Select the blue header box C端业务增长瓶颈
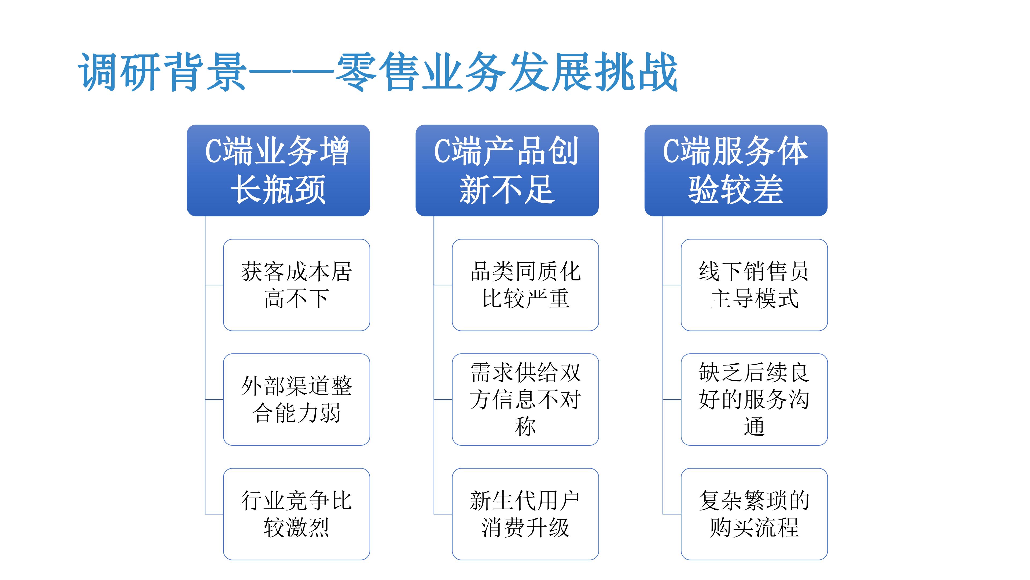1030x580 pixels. (278, 170)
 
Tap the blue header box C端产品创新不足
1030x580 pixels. (507, 170)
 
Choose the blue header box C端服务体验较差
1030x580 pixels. (736, 170)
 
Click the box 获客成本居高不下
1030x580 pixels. (296, 285)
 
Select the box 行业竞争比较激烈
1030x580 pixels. (296, 514)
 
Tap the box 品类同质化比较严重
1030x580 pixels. (525, 285)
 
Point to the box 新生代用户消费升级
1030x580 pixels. (525, 514)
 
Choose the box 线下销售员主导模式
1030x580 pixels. (754, 285)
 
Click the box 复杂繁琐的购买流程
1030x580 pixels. (754, 514)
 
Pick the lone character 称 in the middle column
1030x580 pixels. (525, 426)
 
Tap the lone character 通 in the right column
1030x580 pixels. (754, 426)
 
